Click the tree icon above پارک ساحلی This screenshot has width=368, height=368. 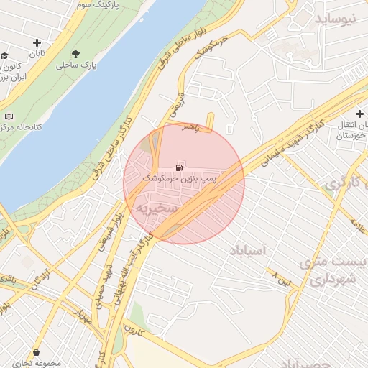tap(77, 54)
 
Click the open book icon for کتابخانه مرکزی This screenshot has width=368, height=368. tap(8, 116)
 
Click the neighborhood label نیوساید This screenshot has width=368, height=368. tap(336, 19)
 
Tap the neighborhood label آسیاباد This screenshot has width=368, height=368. tap(248, 250)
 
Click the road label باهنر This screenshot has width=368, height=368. tap(188, 126)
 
